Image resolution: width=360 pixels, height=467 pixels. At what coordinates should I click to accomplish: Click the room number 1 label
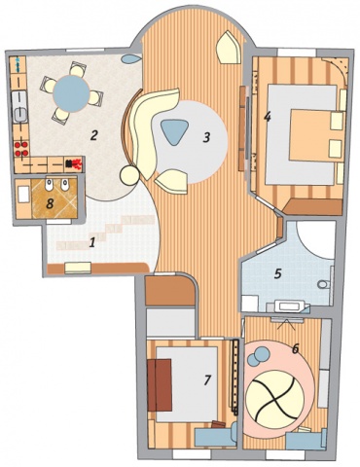pos(92,242)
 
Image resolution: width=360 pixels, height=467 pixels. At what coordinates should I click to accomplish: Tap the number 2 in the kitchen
pos(93,135)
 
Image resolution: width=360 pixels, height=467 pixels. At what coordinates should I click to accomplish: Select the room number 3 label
pos(206,137)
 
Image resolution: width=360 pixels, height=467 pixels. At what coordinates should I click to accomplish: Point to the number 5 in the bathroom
pos(277,274)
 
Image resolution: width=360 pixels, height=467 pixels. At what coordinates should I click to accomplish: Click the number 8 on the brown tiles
pos(50,204)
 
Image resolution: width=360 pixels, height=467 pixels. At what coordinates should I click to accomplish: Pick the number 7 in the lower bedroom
pos(207,379)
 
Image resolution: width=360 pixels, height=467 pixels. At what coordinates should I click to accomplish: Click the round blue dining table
pos(71,92)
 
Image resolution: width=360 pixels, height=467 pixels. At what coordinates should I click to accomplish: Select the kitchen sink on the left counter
pos(20,106)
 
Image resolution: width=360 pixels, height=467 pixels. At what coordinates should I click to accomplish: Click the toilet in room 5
pos(324,285)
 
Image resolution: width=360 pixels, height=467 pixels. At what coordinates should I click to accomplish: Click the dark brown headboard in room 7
pos(160,385)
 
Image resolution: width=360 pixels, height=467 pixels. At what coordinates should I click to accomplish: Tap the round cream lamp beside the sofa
pos(129,175)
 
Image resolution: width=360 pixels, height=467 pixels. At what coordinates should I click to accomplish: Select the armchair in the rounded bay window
pos(230,48)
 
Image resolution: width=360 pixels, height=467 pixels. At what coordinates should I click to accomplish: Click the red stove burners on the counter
pos(21,149)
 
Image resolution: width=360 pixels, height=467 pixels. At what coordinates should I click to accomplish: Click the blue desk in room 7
pos(216,435)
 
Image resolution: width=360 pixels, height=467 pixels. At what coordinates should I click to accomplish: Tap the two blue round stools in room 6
pos(259,355)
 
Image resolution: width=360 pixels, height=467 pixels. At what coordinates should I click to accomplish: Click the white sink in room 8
pos(23,196)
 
